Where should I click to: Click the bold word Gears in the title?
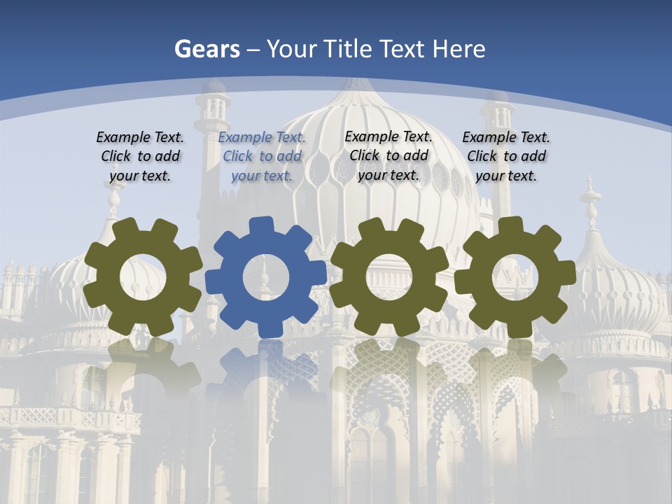pos(207,49)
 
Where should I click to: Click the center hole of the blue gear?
pos(266,277)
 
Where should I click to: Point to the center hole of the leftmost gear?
pos(143,276)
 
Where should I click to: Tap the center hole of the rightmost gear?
pos(515,276)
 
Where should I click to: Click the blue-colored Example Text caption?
pos(262,157)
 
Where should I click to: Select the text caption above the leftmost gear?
pos(140,157)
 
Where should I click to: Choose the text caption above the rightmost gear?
pos(506,157)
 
